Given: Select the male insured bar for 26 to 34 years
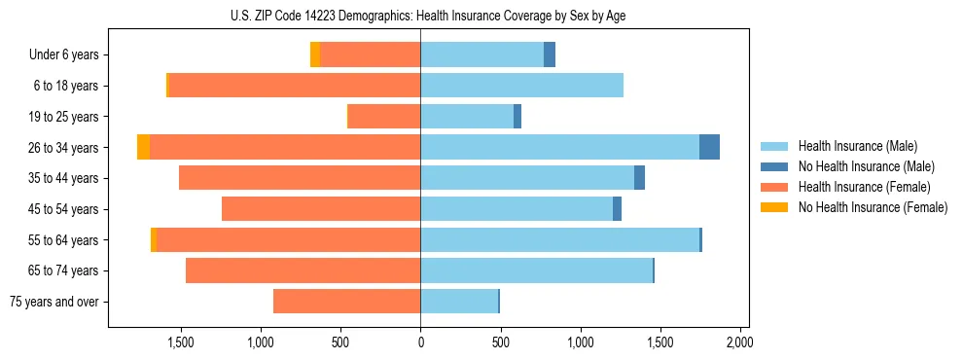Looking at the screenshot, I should pos(559,147).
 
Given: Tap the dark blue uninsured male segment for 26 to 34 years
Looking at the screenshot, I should pos(709,147).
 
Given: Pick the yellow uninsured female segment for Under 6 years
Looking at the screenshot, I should pos(315,55).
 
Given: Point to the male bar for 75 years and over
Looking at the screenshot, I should pos(459,302).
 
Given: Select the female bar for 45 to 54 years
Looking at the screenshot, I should pos(321,209).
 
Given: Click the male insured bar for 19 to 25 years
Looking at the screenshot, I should pos(467,117).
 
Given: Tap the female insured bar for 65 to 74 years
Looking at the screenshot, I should pos(303,270).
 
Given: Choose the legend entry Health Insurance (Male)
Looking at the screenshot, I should pos(857,146).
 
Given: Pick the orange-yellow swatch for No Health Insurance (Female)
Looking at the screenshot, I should pos(774,207).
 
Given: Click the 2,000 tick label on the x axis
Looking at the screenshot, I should pos(739,342).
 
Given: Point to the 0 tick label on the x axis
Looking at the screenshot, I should pos(420,342).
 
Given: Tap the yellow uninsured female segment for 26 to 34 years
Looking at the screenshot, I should pos(143,147).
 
